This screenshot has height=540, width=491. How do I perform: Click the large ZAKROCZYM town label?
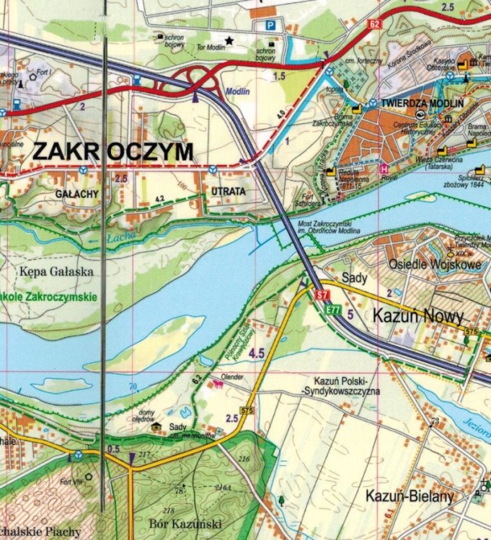click(x=113, y=152)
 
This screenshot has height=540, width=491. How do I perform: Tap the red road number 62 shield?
click(x=373, y=24)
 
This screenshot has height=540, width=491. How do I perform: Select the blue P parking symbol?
click(x=270, y=25)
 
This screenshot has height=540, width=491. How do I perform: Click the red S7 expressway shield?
click(x=322, y=294)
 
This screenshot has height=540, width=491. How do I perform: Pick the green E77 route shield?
click(x=332, y=310)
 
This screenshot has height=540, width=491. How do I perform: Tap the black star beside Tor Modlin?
click(x=229, y=40)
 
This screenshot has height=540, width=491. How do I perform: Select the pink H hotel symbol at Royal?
click(x=384, y=168)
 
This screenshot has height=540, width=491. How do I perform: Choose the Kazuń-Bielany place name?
click(x=409, y=496)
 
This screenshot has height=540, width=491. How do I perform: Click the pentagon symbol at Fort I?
click(x=32, y=74)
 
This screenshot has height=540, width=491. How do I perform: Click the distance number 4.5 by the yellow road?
click(x=257, y=353)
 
